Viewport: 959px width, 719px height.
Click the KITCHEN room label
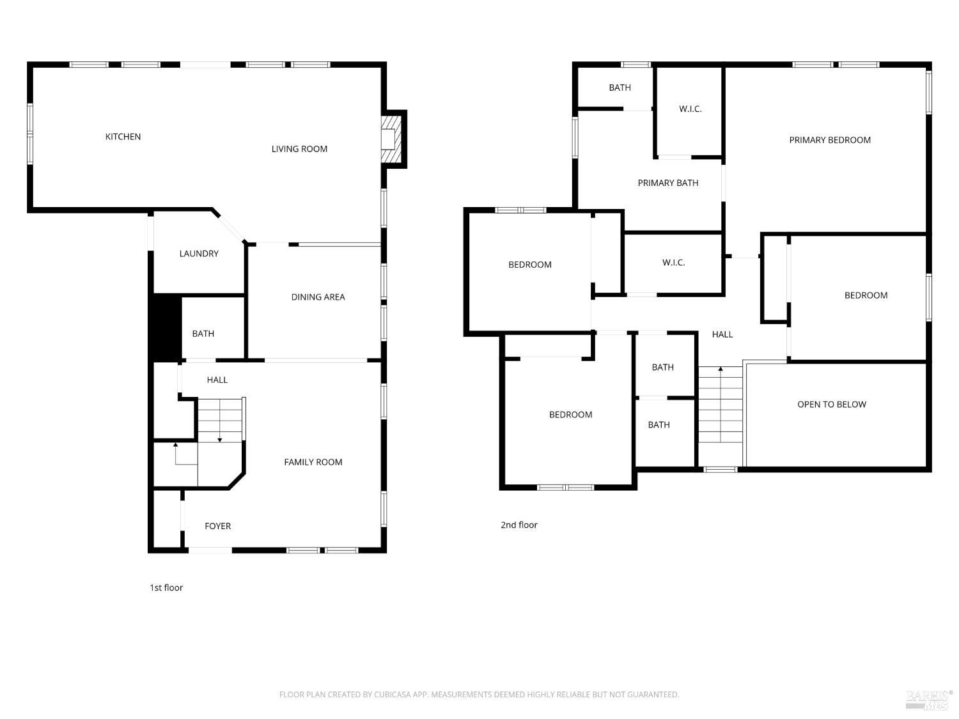point(123,137)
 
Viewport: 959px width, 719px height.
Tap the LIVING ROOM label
point(299,149)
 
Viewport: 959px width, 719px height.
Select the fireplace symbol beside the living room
point(389,139)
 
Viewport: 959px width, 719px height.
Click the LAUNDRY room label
point(199,254)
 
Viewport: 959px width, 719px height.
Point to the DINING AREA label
point(318,297)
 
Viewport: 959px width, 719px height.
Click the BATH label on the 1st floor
point(203,334)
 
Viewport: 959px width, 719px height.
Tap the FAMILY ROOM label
point(313,462)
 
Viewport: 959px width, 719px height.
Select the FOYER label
point(217,526)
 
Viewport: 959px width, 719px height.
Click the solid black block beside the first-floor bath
point(165,327)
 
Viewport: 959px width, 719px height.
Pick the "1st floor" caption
point(166,588)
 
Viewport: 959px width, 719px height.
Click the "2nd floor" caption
point(518,525)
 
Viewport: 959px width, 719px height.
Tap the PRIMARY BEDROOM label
point(830,140)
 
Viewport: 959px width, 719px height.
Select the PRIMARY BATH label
point(668,183)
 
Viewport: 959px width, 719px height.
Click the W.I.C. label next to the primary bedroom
point(690,109)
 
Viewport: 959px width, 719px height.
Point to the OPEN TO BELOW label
point(832,405)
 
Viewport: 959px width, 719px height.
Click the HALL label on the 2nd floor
point(722,334)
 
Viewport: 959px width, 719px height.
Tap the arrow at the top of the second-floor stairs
point(721,369)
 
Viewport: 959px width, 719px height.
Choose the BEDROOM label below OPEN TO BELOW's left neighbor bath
point(570,415)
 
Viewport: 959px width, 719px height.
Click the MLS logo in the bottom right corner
point(929,700)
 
